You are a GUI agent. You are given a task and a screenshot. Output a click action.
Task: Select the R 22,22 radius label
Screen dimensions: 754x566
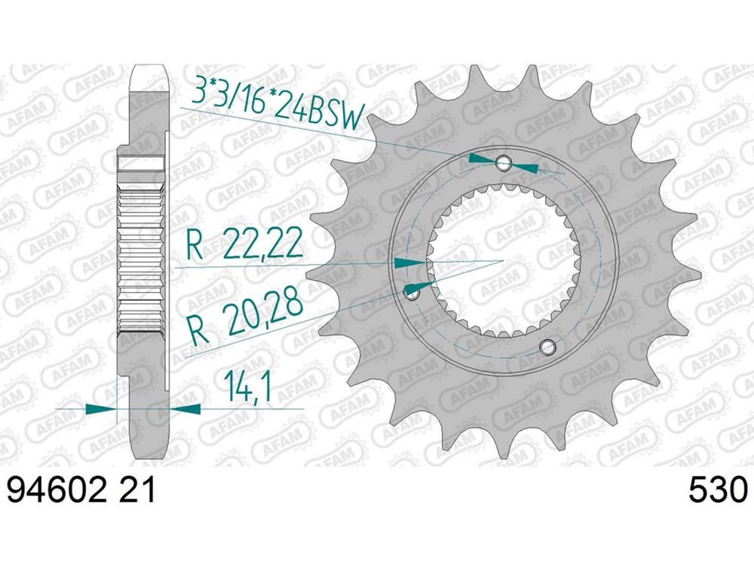tap(245, 243)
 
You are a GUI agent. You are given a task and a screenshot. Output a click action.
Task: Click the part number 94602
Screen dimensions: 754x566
tap(57, 491)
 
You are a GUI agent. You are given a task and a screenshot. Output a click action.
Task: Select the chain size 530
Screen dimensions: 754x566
tap(719, 491)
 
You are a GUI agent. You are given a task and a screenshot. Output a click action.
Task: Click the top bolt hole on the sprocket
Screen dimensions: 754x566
tap(504, 161)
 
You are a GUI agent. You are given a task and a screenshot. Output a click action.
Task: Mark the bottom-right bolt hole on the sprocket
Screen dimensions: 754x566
tap(547, 346)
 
